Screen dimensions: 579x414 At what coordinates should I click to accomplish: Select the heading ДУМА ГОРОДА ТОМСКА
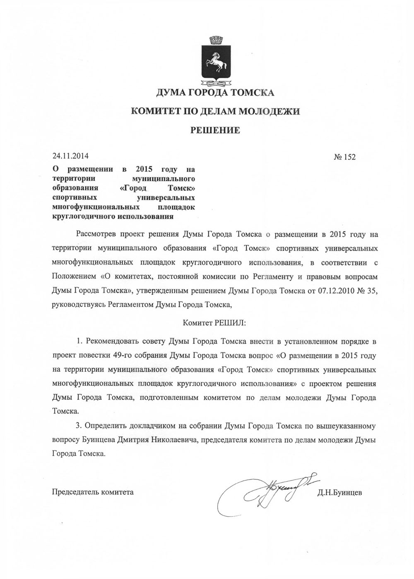(x=215, y=93)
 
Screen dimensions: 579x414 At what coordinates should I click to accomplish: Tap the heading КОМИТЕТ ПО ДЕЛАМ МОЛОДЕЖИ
(x=215, y=111)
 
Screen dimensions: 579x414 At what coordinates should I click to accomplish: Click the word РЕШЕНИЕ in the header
(x=215, y=131)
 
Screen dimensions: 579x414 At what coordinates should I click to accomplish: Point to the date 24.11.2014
(x=70, y=156)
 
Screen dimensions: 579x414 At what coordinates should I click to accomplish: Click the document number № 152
(x=344, y=157)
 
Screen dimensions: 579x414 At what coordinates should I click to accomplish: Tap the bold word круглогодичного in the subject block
(x=83, y=216)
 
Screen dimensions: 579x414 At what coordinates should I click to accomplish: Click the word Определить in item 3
(x=105, y=425)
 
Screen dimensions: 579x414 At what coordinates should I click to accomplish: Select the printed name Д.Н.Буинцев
(x=339, y=492)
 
